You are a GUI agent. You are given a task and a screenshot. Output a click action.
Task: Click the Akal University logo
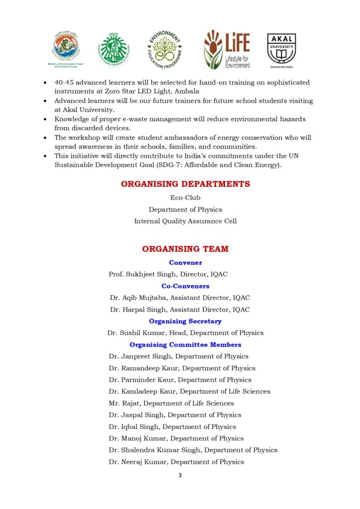click(281, 50)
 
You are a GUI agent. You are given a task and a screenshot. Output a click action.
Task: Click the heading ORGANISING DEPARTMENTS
click(185, 184)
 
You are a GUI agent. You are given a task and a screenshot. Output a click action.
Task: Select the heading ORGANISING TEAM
click(185, 249)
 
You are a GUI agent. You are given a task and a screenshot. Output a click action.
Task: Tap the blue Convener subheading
click(185, 262)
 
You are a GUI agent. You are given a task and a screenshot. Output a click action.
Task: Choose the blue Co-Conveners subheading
click(185, 286)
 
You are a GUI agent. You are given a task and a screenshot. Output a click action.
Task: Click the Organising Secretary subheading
click(185, 322)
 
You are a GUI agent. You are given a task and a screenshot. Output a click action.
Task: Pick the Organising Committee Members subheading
click(185, 345)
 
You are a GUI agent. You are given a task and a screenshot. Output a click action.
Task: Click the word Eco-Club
click(185, 198)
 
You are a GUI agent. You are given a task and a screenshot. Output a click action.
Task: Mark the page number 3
click(180, 476)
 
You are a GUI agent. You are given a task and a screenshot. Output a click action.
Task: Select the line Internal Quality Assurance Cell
click(185, 221)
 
